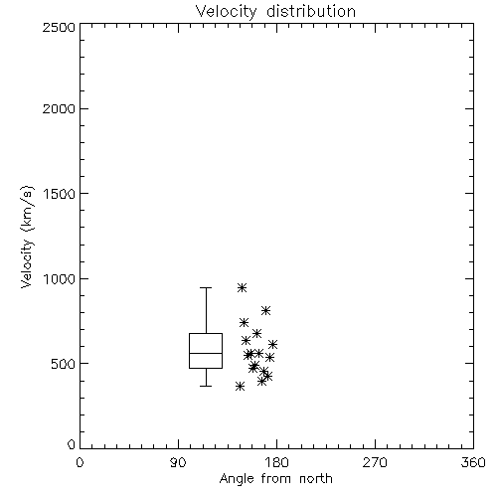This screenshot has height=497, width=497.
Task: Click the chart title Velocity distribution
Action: [x=275, y=11]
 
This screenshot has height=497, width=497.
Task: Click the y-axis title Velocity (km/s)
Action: [x=27, y=237]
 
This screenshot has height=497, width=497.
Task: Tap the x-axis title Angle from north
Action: [x=275, y=479]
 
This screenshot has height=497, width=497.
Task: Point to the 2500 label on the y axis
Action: [x=59, y=27]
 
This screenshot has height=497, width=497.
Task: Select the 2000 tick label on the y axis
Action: [x=59, y=108]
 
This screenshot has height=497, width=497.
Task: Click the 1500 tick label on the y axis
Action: [x=60, y=194]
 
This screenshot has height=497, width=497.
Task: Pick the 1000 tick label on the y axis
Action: [x=60, y=279]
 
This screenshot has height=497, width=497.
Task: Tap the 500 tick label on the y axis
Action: [x=64, y=364]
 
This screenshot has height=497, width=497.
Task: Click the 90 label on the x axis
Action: [x=178, y=462]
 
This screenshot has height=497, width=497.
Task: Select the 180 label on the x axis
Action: [x=276, y=462]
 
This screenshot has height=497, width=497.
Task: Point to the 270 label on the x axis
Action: [x=375, y=462]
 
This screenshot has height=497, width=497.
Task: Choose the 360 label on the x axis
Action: [x=473, y=462]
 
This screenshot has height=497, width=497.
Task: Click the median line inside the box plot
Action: [x=206, y=353]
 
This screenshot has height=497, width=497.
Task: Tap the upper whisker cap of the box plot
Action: [x=206, y=288]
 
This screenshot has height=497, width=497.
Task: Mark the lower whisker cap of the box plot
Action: [x=206, y=386]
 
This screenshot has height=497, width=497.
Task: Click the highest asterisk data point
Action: [x=243, y=287]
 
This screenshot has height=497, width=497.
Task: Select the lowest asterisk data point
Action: [x=241, y=386]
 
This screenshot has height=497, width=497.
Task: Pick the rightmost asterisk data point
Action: [x=272, y=344]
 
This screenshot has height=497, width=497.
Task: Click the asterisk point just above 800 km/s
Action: [x=265, y=310]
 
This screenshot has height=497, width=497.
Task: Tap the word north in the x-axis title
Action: [x=316, y=479]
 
